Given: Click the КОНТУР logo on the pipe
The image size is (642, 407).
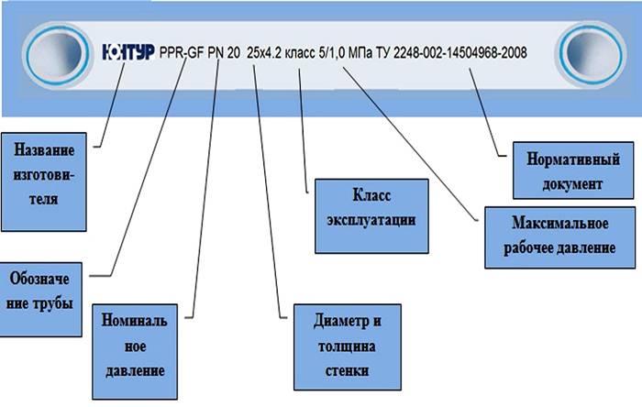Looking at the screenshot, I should coord(128,52).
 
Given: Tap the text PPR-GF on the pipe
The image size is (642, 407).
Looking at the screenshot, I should coord(181,53).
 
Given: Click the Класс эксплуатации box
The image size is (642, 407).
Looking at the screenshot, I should coord(371,214).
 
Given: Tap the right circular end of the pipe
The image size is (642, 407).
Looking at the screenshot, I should coord(590,51).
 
